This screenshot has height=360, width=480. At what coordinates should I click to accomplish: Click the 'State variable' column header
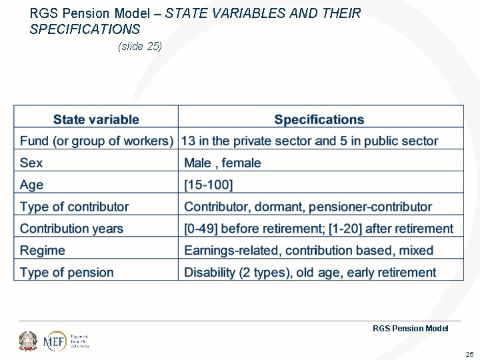[x=96, y=120]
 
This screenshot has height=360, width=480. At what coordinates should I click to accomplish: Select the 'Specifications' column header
[x=319, y=120]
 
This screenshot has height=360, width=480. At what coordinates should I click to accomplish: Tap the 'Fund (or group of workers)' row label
[x=97, y=141]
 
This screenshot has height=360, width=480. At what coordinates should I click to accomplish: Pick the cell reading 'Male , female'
[x=223, y=163]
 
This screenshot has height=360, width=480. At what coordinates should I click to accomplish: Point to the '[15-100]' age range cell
[x=209, y=185]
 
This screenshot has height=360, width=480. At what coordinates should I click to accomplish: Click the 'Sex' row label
[x=31, y=163]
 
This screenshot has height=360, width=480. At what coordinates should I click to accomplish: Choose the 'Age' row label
[x=31, y=185]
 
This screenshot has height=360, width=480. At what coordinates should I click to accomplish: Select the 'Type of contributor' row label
[x=74, y=207]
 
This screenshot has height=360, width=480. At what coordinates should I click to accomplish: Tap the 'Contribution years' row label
[x=71, y=229]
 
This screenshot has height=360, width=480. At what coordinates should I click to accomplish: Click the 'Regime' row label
[x=43, y=251]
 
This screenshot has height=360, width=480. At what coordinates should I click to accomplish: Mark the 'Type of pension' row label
[x=67, y=273]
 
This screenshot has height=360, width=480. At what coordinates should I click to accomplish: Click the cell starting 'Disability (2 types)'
[x=310, y=273]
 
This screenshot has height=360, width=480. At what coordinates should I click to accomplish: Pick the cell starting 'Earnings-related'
[x=309, y=251]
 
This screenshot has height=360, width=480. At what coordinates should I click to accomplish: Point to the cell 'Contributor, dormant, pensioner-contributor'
[x=308, y=207]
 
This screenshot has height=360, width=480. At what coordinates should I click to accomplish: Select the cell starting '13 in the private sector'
[x=310, y=141]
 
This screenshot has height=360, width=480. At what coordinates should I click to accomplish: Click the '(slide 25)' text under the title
[x=140, y=46]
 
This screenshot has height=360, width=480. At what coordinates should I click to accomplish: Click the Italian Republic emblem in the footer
[x=29, y=341]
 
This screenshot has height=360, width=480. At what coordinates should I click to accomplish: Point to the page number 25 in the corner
[x=469, y=354]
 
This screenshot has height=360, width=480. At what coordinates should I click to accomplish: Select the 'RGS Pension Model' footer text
[x=410, y=328]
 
